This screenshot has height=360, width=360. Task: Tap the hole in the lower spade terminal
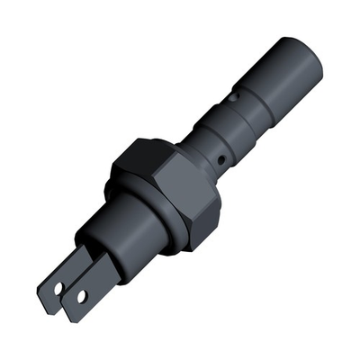click(x=82, y=295)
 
